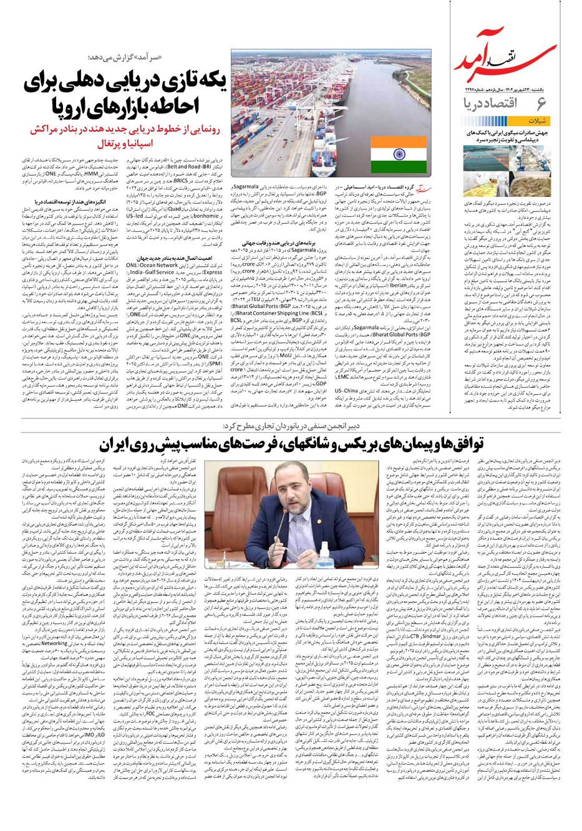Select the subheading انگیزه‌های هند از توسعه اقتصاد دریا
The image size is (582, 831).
coord(71,202)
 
